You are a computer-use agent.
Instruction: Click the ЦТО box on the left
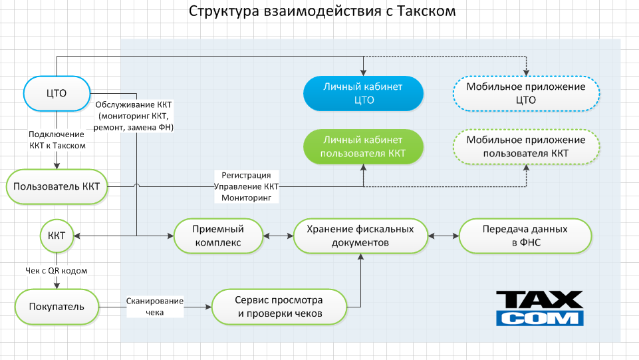pyautogui.click(x=57, y=93)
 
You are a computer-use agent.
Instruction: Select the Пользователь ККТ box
pyautogui.click(x=57, y=186)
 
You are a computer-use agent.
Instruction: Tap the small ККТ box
pyautogui.click(x=57, y=235)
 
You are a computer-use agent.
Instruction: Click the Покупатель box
pyautogui.click(x=57, y=306)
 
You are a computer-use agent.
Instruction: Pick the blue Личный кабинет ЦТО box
pyautogui.click(x=363, y=94)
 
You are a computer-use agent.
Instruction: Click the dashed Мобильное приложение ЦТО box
pyautogui.click(x=526, y=94)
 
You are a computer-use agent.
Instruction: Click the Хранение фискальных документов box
pyautogui.click(x=360, y=236)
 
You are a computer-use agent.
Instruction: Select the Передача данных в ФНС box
pyautogui.click(x=525, y=236)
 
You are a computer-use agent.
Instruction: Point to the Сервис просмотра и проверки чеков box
pyautogui.click(x=279, y=307)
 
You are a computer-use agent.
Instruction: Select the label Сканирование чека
pyautogui.click(x=154, y=306)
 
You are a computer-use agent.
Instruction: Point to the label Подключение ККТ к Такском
pyautogui.click(x=57, y=140)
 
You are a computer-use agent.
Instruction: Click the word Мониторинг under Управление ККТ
pyautogui.click(x=247, y=198)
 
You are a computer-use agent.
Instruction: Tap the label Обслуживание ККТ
pyautogui.click(x=135, y=104)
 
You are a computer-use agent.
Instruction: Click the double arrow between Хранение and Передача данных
pyautogui.click(x=442, y=236)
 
